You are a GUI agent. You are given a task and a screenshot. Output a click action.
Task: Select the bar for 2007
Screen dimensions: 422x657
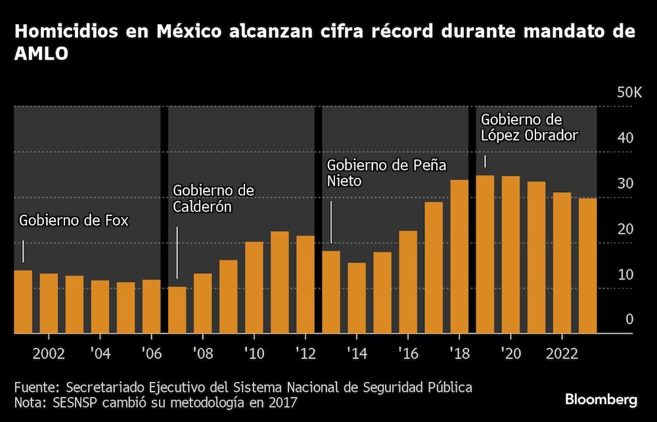tap(177, 310)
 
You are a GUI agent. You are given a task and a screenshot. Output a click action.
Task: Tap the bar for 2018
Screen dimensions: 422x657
tap(459, 257)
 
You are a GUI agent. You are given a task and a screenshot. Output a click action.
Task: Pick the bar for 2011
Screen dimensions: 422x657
tap(280, 282)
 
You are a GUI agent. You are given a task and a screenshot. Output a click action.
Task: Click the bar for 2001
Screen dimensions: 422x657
tap(23, 302)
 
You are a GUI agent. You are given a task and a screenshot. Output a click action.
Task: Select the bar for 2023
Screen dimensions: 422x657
tap(587, 266)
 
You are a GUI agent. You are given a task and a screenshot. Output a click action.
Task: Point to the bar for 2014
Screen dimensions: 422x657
tap(357, 298)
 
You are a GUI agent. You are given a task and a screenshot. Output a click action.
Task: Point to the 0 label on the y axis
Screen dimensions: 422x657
tap(629, 320)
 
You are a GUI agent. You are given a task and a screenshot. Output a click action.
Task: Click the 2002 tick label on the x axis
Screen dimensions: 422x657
tap(49, 354)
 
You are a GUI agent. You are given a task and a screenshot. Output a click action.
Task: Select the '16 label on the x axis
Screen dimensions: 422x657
tap(408, 354)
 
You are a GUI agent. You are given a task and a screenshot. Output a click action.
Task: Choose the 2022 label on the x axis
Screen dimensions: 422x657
tap(562, 354)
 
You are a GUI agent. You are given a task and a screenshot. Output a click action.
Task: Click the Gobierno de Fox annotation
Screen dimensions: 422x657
tap(74, 221)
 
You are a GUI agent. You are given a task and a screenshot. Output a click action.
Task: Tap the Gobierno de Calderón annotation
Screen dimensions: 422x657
tap(213, 198)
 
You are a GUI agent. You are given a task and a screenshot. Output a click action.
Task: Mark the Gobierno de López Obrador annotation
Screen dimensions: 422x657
tap(529, 128)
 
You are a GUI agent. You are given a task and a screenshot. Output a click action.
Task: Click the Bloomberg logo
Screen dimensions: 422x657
tap(601, 400)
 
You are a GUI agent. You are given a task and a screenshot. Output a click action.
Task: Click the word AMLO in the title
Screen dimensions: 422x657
tap(41, 55)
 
